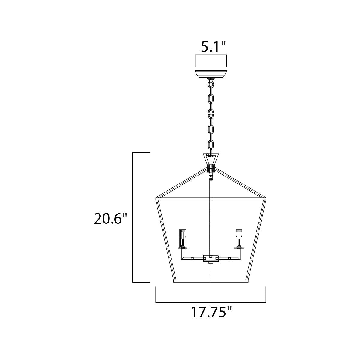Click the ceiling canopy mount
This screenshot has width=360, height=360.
[211, 74]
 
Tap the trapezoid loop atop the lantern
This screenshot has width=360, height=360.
[211, 159]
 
